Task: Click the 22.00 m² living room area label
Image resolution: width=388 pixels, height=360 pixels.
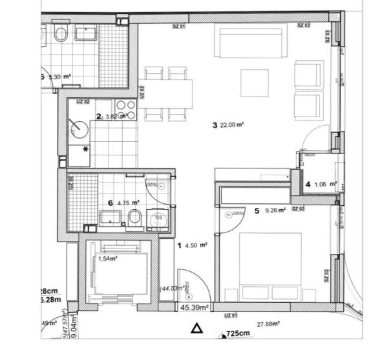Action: tap(231, 125)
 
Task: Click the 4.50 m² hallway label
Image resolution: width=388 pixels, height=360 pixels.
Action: tap(195, 245)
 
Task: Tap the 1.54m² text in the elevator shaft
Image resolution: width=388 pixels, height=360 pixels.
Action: tap(107, 258)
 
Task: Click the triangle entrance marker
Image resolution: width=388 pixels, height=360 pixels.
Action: tap(198, 329)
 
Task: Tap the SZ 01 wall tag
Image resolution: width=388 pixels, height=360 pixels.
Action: tap(179, 26)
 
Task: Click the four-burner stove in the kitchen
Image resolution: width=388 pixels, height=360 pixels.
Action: tap(125, 111)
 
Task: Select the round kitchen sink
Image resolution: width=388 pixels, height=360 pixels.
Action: tap(80, 128)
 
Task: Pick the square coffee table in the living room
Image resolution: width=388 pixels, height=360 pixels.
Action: tap(255, 82)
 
